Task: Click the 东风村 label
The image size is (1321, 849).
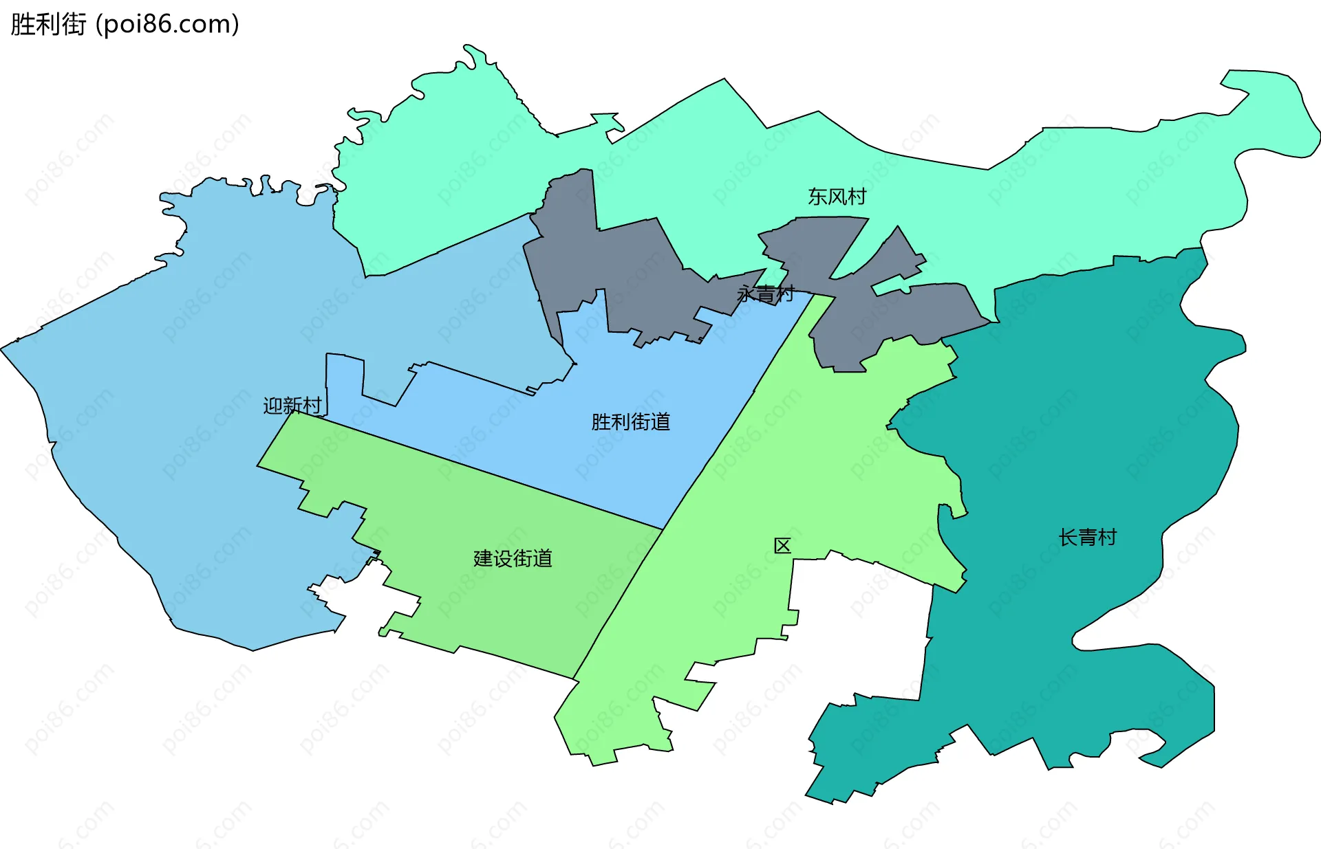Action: tap(837, 197)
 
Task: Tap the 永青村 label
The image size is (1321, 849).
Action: tap(765, 294)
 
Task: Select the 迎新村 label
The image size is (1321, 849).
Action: tap(292, 406)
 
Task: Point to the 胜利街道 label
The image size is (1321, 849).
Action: tap(630, 421)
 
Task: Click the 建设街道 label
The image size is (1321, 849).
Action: tap(513, 558)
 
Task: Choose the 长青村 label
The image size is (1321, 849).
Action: tap(1087, 538)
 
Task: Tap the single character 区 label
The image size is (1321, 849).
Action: tap(782, 546)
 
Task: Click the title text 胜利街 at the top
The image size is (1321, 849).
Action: tap(48, 24)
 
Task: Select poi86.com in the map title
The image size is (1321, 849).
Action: tap(167, 24)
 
